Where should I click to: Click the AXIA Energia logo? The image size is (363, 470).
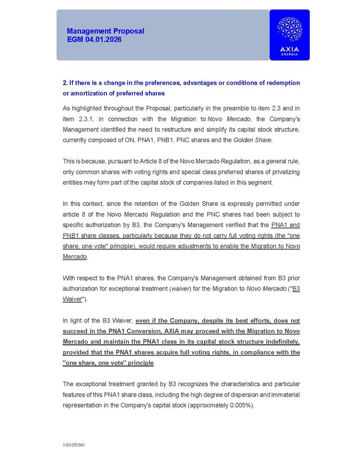point(289,35)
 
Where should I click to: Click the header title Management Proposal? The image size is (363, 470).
point(105,31)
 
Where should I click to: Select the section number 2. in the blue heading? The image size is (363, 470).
point(65,83)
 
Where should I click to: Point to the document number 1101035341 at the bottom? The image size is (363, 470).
point(74,445)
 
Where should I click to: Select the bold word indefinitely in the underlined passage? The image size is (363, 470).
point(280,342)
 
